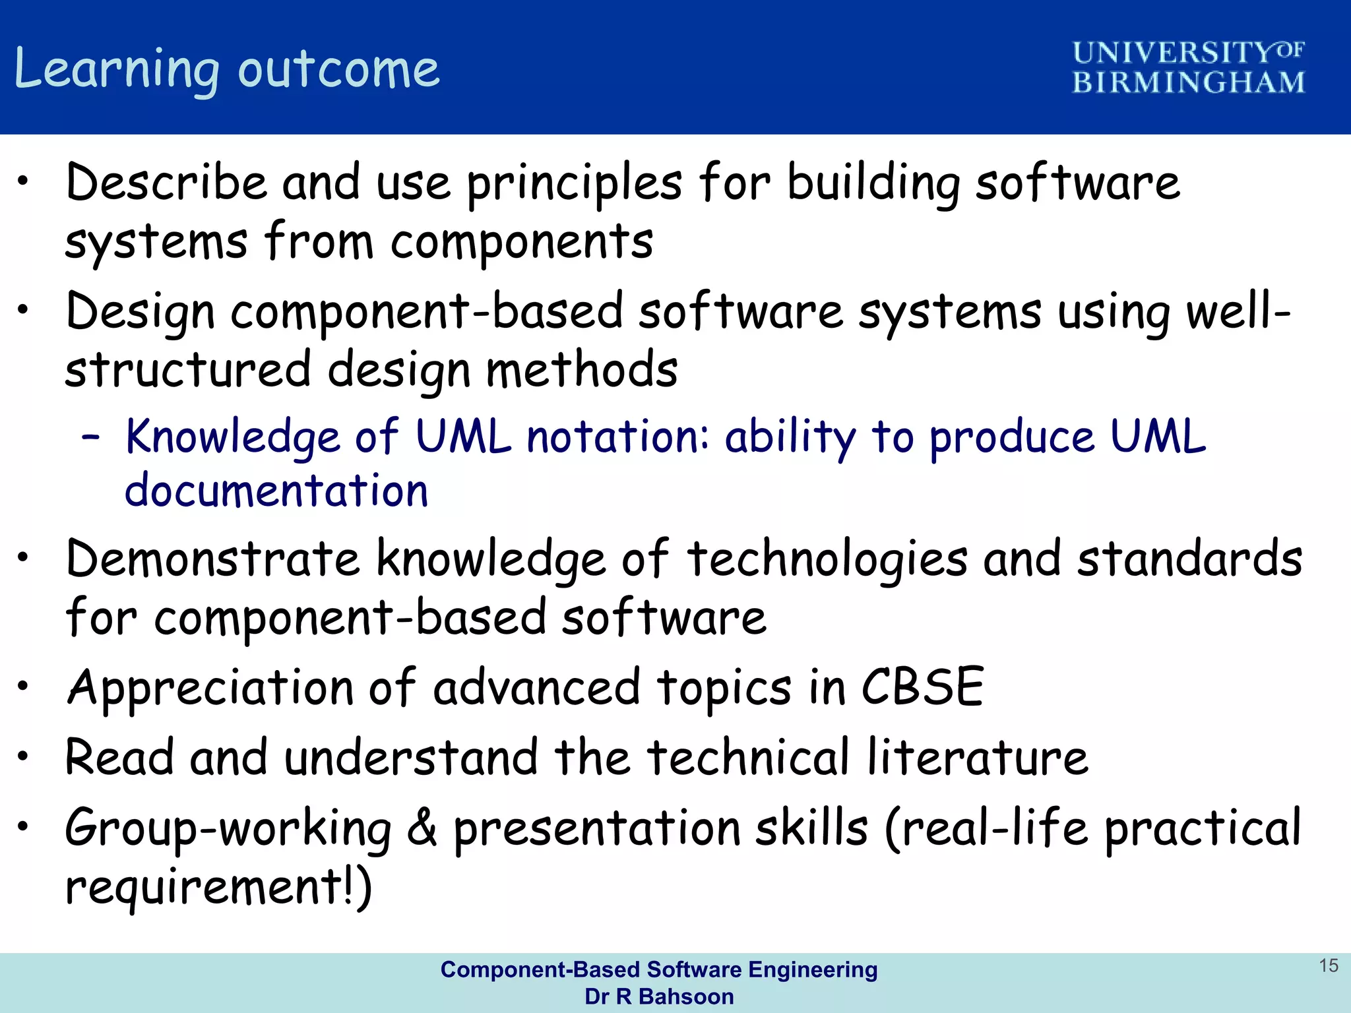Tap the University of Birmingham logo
(1188, 68)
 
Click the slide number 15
(1328, 966)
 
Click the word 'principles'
(575, 184)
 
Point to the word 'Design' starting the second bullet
(141, 312)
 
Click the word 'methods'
(582, 369)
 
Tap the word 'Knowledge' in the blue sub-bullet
(232, 437)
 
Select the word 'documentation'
(276, 491)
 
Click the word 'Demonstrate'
(212, 559)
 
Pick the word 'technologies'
(827, 561)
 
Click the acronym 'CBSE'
(923, 687)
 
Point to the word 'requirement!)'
(218, 887)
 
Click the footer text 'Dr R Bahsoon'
(659, 997)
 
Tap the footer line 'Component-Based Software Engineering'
(659, 969)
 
